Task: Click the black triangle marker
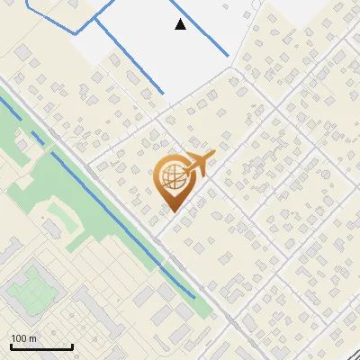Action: pyautogui.click(x=181, y=24)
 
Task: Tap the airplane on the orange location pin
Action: pyautogui.click(x=195, y=164)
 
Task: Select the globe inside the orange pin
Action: pyautogui.click(x=171, y=179)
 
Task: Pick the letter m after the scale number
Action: pyautogui.click(x=33, y=338)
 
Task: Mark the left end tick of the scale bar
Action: pyautogui.click(x=11, y=346)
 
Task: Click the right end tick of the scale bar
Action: pyautogui.click(x=72, y=346)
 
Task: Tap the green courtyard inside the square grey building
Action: pyautogui.click(x=33, y=285)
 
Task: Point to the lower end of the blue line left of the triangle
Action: pyautogui.click(x=162, y=92)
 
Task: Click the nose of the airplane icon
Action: pyautogui.click(x=213, y=157)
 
